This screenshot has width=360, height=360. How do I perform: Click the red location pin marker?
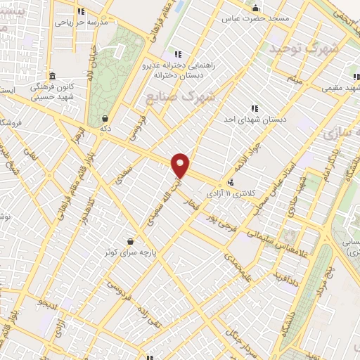tap(181, 165)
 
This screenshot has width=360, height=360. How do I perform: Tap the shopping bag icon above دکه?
tap(105, 118)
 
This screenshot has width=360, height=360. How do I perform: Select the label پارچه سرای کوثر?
tap(129, 250)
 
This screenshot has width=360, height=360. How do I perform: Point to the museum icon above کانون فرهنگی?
tap(52, 76)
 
